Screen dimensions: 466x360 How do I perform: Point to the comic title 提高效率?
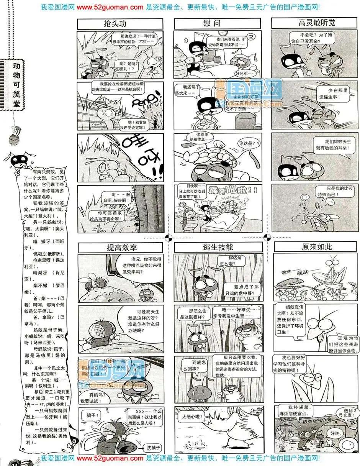click(121, 248)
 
